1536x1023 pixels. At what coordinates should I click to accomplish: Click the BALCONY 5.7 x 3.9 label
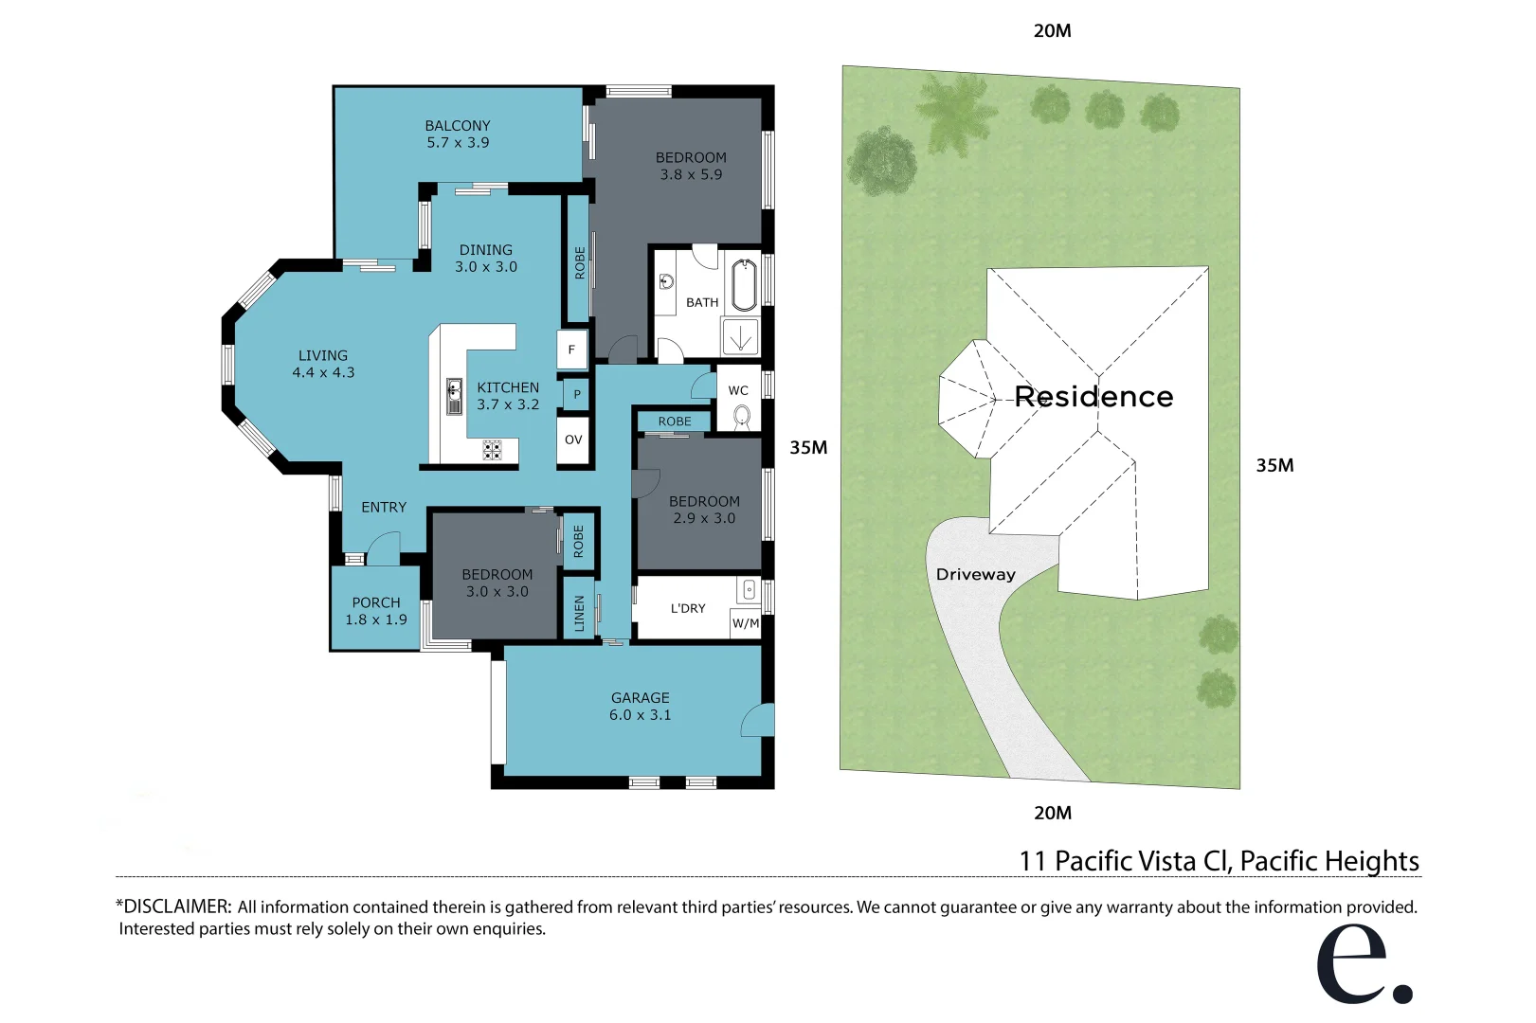coord(458,134)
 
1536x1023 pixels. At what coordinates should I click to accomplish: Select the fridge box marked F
coord(571,350)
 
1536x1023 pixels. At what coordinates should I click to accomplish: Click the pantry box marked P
coord(576,394)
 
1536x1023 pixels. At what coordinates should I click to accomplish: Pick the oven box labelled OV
coord(573,440)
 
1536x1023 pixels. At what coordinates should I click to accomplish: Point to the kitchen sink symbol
coord(455,396)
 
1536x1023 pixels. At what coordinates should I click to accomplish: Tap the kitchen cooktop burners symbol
coord(492,450)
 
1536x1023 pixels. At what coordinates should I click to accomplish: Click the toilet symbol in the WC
coord(742,415)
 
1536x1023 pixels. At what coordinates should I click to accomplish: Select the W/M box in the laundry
coord(746,623)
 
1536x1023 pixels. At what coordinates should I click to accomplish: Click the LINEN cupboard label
coord(579,613)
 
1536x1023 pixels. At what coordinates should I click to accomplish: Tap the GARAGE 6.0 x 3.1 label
coord(640,706)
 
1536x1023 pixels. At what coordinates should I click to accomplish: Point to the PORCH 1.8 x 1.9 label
coord(376,611)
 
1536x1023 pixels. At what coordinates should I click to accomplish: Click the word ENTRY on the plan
coord(384,508)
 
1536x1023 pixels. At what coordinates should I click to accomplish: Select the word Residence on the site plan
coord(1093,396)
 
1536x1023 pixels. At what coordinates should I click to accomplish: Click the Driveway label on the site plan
coord(975,574)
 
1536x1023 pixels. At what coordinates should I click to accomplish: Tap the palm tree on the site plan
coord(956,107)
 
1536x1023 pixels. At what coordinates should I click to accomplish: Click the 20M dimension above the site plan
coord(1052,30)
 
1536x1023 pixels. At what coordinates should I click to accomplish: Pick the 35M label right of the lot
coord(1274,465)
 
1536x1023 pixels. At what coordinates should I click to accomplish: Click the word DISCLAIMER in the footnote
coord(176,906)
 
